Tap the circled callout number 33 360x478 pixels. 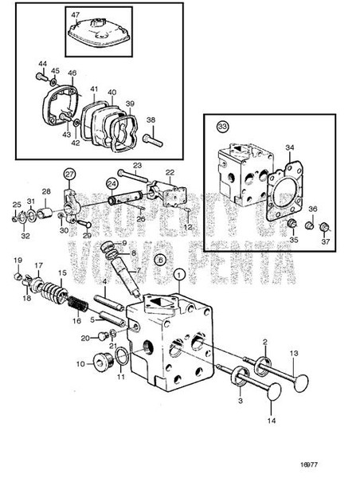(222, 126)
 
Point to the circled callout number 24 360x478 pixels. (112, 183)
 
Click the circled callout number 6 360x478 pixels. (159, 260)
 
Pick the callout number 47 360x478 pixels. (75, 15)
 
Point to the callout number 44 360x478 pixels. (42, 63)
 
